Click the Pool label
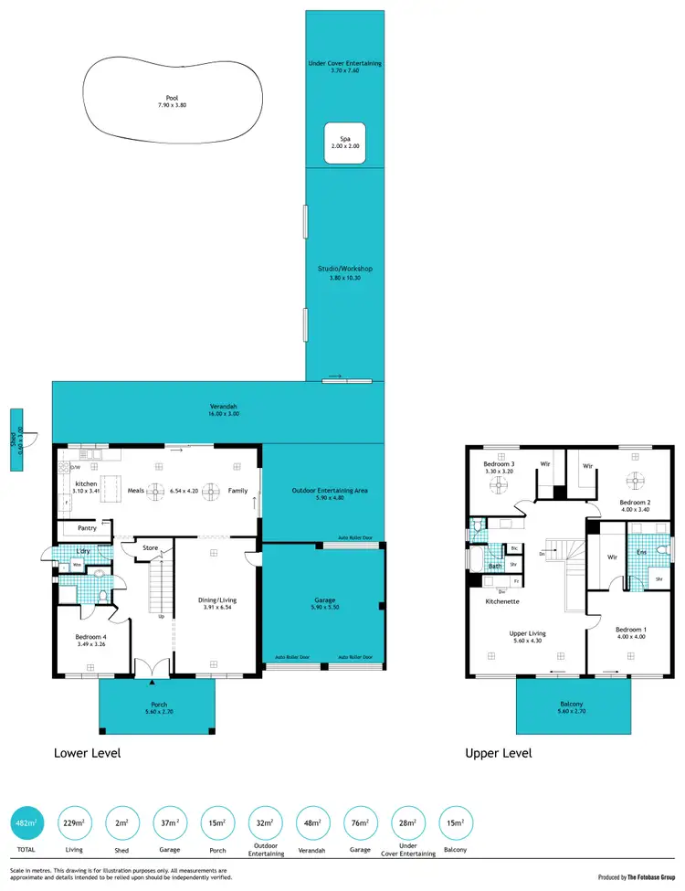(172, 98)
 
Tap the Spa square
(345, 143)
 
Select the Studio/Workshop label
(345, 269)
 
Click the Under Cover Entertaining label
(345, 63)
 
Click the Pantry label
(87, 528)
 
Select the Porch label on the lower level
(158, 705)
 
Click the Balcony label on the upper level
(574, 705)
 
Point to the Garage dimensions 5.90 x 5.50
(324, 606)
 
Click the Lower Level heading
(88, 754)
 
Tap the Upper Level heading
(498, 754)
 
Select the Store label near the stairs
(150, 548)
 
